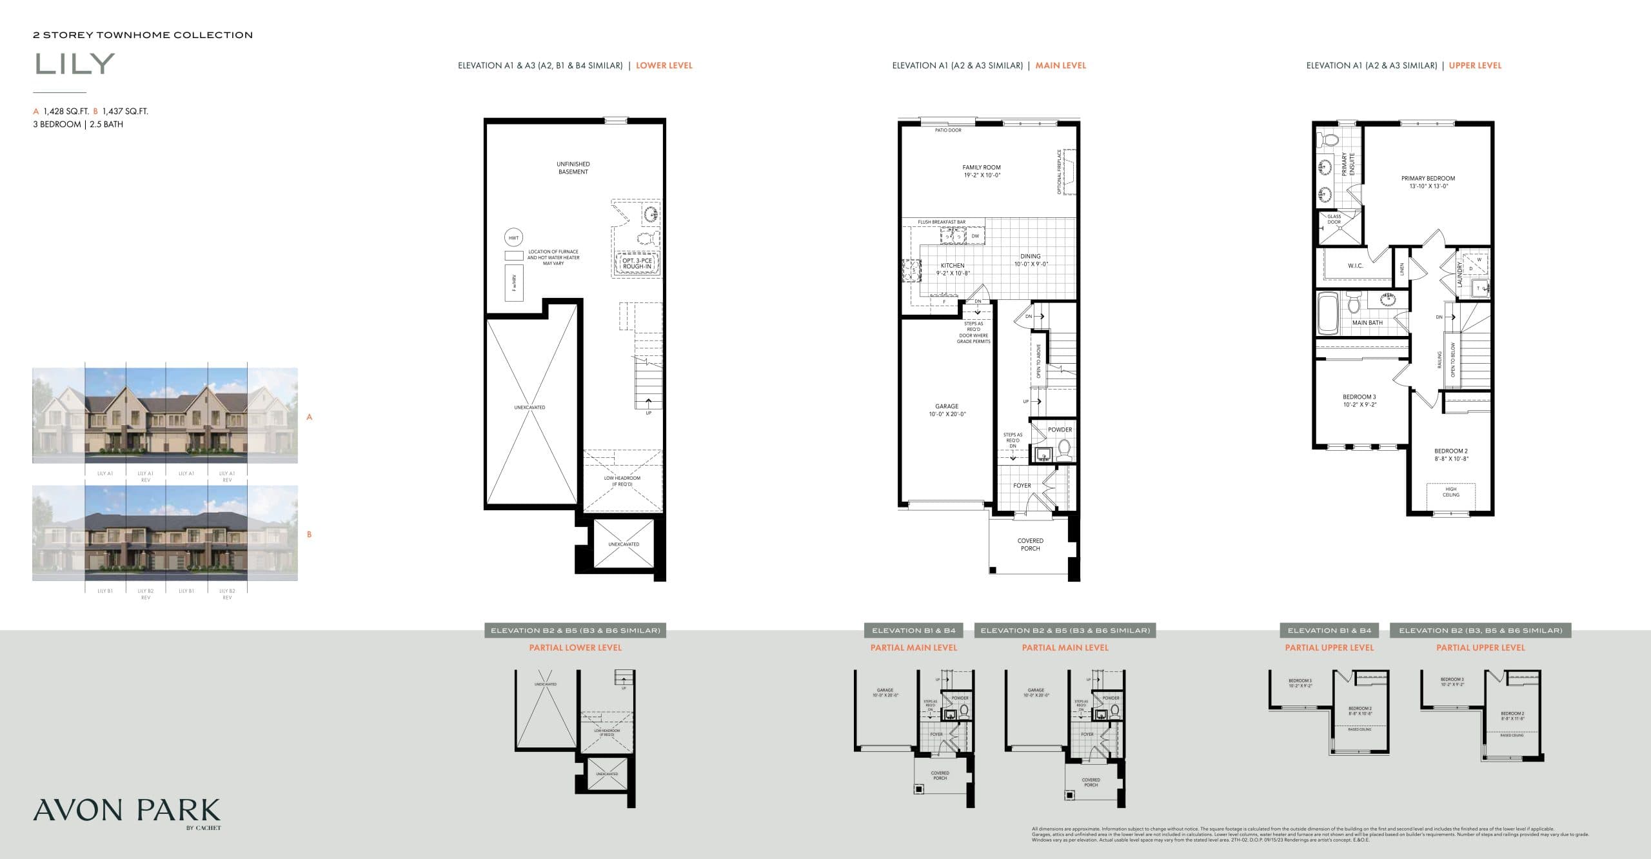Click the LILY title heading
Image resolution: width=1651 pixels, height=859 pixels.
[75, 64]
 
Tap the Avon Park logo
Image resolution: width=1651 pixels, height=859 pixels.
[126, 812]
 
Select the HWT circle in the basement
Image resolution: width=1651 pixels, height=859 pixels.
[513, 238]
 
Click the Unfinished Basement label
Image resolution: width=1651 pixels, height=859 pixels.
[573, 168]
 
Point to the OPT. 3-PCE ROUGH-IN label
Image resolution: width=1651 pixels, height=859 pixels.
[637, 264]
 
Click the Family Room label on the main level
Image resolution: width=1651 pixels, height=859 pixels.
[982, 171]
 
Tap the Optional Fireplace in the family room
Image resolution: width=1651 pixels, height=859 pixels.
[1069, 171]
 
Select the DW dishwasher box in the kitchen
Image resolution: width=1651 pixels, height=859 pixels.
[975, 236]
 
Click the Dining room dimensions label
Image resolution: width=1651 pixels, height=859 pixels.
[1031, 264]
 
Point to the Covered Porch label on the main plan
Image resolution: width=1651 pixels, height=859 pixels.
[1031, 544]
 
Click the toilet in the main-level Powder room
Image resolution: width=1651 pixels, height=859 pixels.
[1063, 448]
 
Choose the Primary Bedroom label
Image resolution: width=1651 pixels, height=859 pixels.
[1428, 182]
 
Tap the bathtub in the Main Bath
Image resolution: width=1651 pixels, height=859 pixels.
[1327, 314]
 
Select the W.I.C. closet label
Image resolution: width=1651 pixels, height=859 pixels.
[1355, 266]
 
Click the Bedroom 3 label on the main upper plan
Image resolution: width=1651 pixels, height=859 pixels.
[1359, 400]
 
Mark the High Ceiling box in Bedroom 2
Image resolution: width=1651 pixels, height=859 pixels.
[1450, 492]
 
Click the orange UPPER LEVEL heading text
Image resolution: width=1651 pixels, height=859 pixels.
[1475, 66]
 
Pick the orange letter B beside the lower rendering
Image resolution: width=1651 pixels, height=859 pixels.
[310, 535]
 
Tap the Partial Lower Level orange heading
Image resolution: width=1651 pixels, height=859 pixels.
[575, 647]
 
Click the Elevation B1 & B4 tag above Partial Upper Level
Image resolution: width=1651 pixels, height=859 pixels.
[1329, 630]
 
